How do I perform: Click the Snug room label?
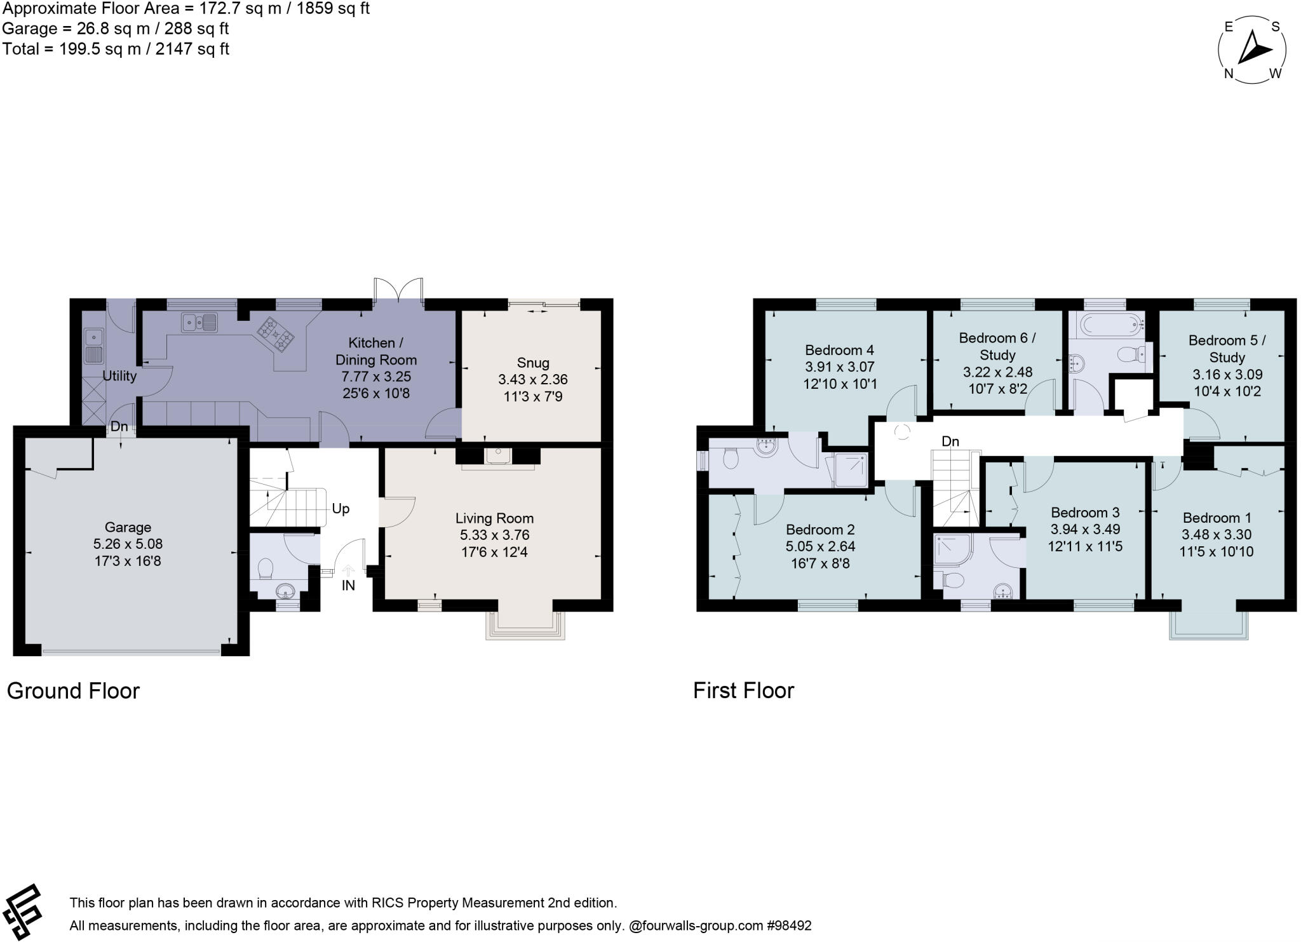pos(532,363)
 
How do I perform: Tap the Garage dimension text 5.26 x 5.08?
pos(128,544)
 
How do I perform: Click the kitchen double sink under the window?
pos(199,322)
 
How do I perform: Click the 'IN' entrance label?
pos(348,586)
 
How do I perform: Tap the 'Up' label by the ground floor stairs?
pos(340,509)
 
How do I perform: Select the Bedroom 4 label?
pos(839,350)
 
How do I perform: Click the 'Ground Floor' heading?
pos(73,691)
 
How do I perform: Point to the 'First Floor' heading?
pos(743,691)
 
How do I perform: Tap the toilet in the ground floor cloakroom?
pos(266,567)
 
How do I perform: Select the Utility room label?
pos(119,376)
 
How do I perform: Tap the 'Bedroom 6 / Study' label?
pos(997,346)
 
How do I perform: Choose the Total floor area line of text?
pos(116,49)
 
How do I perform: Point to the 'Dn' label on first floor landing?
pos(950,441)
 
